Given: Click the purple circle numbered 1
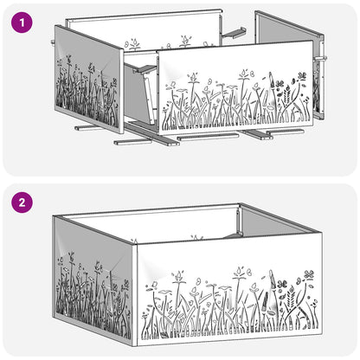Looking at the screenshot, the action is pos(22,22).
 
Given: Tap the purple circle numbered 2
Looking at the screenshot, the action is pos(22,202).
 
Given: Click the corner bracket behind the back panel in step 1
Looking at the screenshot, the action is pos(234,32).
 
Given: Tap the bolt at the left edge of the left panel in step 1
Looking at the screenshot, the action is pos(53,42).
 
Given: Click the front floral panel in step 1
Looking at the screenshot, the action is pos(235,88).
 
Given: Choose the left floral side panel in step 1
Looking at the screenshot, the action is pos(89,80).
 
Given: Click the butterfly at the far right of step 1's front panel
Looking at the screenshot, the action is pos(302,75).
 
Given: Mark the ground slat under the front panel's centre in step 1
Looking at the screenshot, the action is pos(208,137).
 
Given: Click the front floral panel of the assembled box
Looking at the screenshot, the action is pos(229,292).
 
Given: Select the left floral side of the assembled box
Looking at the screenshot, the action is pos(93,279).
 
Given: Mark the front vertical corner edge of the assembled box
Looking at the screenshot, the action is pos(136,296).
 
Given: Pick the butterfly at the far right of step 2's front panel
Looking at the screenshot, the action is pos(309,273).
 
